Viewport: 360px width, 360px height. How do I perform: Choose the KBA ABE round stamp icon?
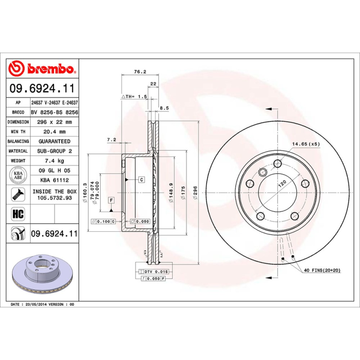pyautogui.click(x=18, y=175)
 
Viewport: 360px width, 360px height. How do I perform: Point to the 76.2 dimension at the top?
pyautogui.click(x=140, y=72)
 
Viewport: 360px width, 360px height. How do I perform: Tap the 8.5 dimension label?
pyautogui.click(x=164, y=108)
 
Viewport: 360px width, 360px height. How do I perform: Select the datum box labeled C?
pyautogui.click(x=141, y=180)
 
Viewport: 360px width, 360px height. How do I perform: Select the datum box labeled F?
pyautogui.click(x=111, y=199)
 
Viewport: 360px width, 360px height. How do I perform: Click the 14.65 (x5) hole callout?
pyautogui.click(x=306, y=144)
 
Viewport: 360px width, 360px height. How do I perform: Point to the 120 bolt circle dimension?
pyautogui.click(x=282, y=184)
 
